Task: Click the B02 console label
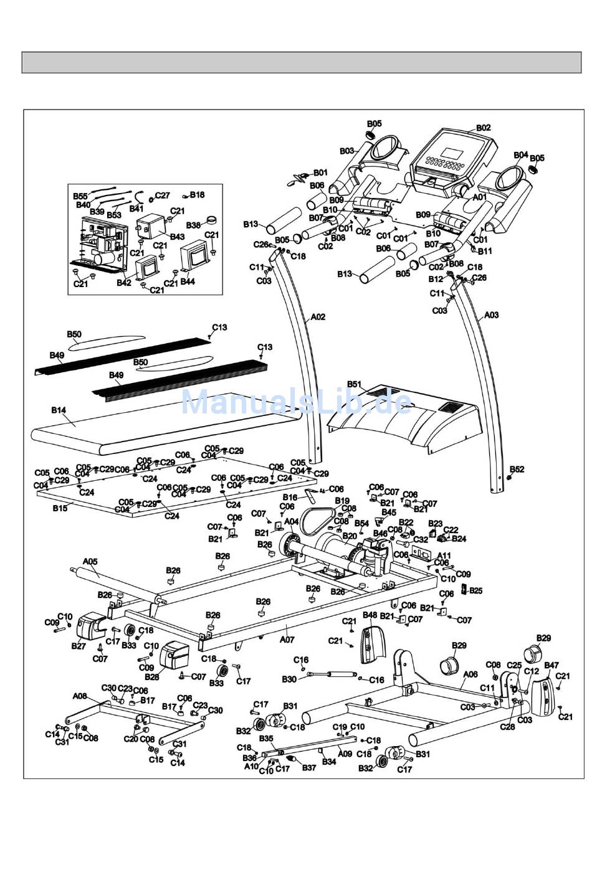[483, 128]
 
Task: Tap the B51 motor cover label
[355, 384]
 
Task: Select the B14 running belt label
[59, 410]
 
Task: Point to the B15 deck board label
[60, 508]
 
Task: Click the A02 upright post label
[318, 317]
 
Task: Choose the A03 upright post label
[492, 315]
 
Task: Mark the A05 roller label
[90, 561]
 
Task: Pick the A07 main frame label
[287, 639]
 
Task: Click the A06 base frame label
[470, 674]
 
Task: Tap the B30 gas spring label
[289, 679]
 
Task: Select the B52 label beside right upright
[517, 469]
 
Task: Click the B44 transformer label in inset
[188, 281]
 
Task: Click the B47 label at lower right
[551, 665]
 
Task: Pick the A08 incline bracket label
[80, 696]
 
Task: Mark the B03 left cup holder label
[347, 151]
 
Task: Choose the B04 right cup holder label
[521, 155]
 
